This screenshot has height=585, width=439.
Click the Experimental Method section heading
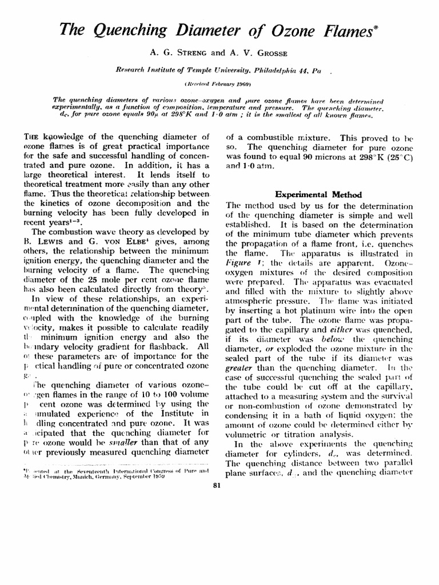click(x=318, y=194)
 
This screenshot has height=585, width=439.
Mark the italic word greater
click(x=241, y=368)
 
